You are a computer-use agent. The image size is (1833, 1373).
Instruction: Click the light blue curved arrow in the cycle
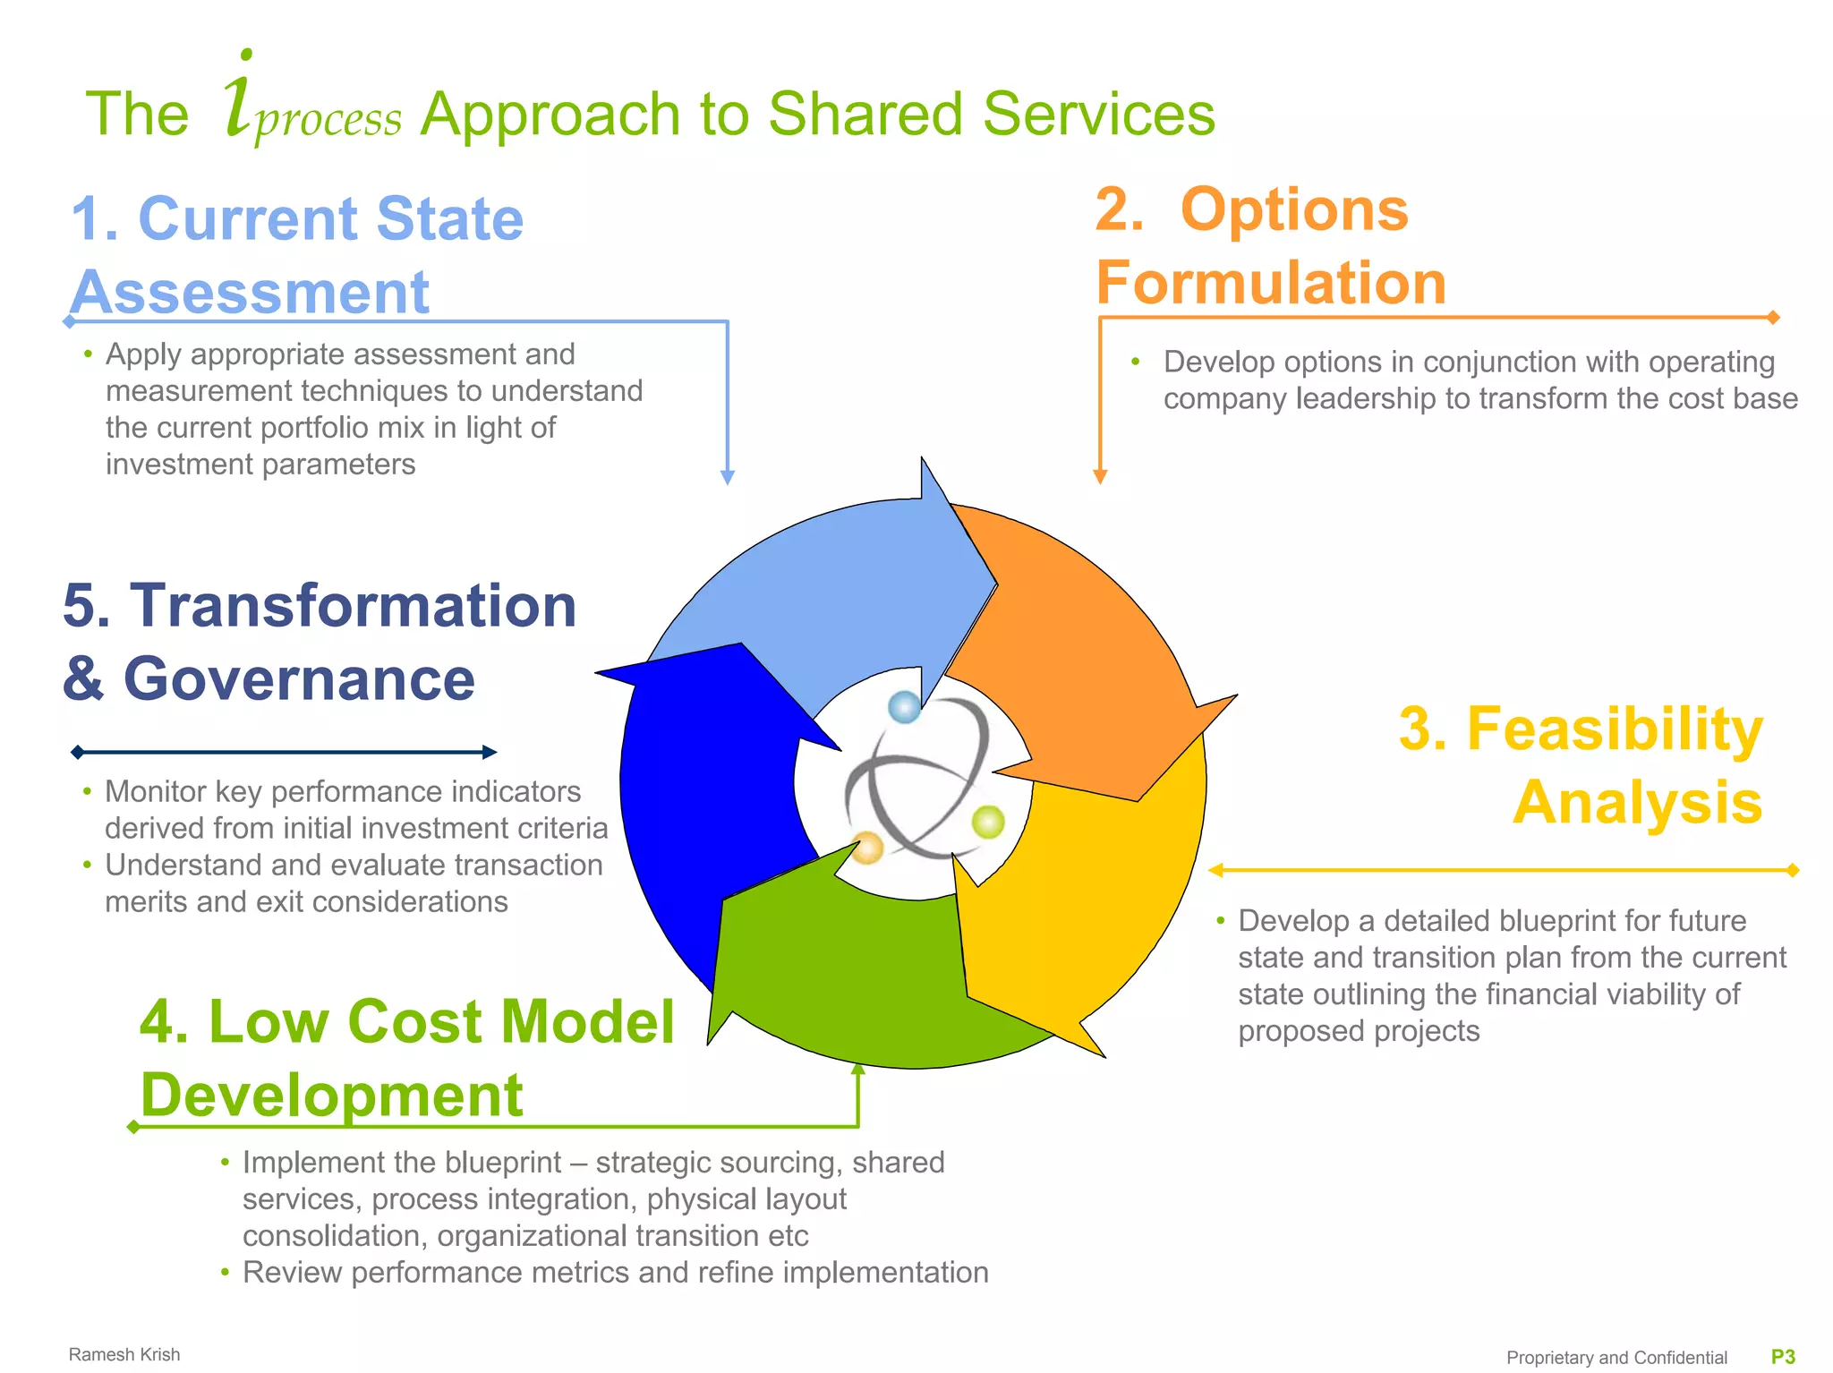point(832,591)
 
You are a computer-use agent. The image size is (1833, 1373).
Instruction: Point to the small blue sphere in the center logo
point(904,707)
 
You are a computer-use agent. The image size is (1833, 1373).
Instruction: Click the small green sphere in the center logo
point(988,822)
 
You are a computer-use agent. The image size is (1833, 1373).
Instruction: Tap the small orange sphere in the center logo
point(866,847)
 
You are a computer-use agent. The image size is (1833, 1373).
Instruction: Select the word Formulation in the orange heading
point(1271,283)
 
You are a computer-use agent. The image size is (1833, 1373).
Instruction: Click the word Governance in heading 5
point(299,678)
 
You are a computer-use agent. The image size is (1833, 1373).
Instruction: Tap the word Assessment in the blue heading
point(251,292)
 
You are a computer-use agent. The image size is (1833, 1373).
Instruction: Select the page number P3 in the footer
point(1783,1357)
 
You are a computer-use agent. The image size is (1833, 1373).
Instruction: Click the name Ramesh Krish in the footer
point(124,1354)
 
